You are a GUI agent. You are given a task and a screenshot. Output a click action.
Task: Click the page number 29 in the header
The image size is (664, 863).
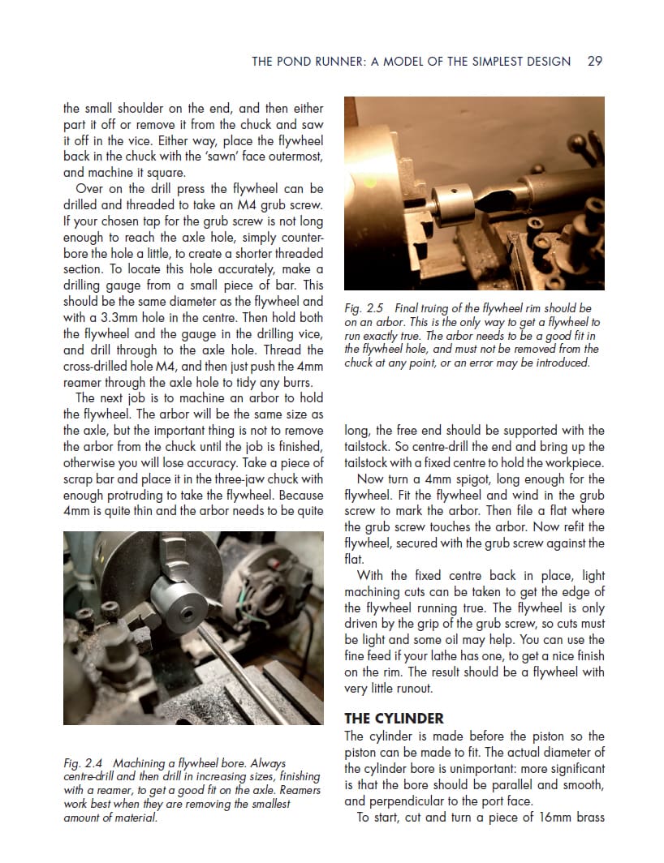594,61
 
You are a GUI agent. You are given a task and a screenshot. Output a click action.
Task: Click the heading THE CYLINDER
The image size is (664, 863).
394,718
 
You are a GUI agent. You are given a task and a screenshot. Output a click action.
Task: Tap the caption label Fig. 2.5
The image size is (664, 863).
363,308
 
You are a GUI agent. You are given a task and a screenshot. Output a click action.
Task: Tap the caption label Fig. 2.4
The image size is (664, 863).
82,763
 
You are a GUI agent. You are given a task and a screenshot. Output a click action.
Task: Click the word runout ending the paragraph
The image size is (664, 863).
412,689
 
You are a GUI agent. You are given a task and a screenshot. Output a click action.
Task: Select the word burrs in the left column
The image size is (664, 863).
305,382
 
